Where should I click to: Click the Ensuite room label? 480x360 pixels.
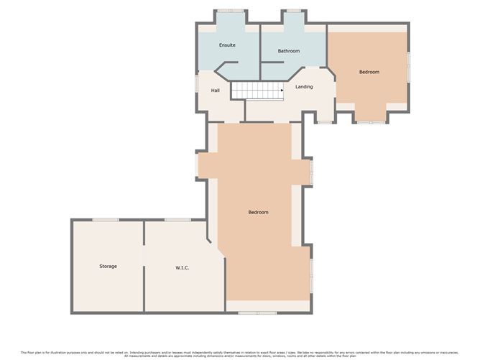(x=227, y=45)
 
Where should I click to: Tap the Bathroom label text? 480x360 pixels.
(x=289, y=51)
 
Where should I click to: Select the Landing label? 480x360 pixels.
(x=304, y=87)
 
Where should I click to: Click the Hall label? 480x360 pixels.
(x=215, y=91)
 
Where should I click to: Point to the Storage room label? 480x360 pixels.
(x=108, y=266)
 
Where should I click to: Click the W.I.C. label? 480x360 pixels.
(x=182, y=268)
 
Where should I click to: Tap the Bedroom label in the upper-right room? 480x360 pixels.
(x=369, y=72)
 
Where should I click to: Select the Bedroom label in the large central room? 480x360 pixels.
(x=258, y=212)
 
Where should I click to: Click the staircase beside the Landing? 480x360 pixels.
(x=254, y=90)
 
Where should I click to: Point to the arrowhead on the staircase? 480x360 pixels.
(x=273, y=90)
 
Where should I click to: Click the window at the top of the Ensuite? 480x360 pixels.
(x=230, y=11)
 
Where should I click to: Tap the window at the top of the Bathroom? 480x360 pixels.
(x=293, y=11)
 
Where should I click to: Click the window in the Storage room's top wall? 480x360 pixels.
(x=105, y=220)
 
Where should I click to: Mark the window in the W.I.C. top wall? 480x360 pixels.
(x=176, y=220)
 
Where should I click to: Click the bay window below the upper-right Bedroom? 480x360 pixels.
(x=371, y=122)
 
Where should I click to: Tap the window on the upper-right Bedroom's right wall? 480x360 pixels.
(x=409, y=67)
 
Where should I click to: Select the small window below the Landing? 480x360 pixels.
(x=323, y=122)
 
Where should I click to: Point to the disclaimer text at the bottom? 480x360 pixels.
(x=240, y=354)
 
